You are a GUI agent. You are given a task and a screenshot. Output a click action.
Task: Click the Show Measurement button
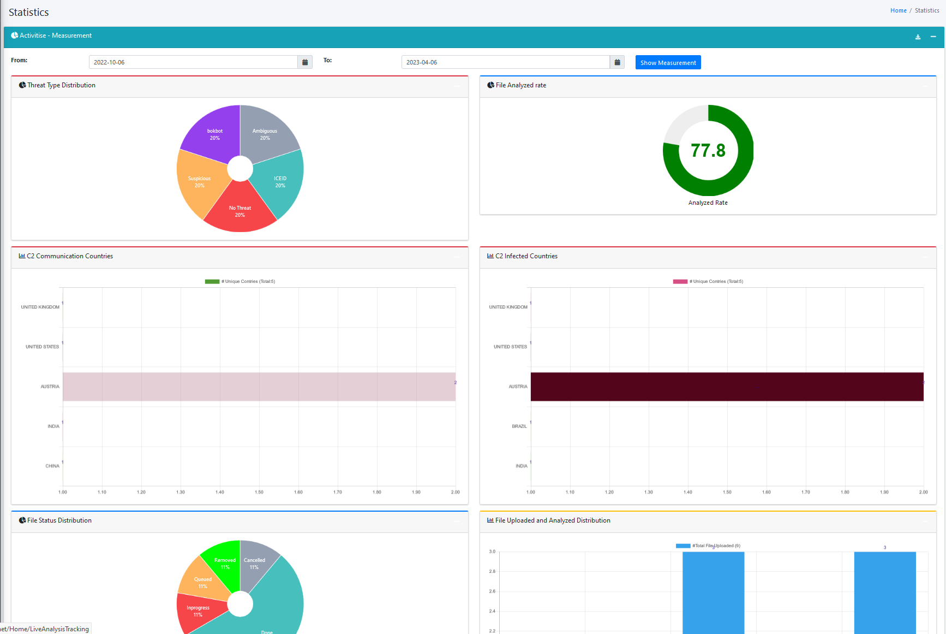(668, 63)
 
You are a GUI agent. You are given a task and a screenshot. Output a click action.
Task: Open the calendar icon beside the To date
(617, 62)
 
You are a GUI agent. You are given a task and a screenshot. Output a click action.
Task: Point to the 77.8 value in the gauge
(708, 151)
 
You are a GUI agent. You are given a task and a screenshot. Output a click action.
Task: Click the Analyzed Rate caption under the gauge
(708, 203)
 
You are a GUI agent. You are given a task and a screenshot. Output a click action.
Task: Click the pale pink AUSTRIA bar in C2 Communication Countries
(259, 387)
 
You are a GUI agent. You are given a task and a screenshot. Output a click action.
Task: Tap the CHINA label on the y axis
(52, 466)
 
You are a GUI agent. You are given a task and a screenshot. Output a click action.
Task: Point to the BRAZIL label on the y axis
(519, 426)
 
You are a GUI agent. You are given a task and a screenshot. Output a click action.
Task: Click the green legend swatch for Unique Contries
(212, 282)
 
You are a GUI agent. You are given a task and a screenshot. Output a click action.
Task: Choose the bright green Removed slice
(224, 563)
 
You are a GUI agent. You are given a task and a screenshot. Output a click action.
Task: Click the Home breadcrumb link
(898, 10)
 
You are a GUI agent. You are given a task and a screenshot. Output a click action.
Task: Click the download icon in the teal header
(918, 37)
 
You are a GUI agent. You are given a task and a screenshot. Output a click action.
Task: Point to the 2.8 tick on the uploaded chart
(492, 571)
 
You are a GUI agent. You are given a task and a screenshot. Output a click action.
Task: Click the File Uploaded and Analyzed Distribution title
(552, 520)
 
